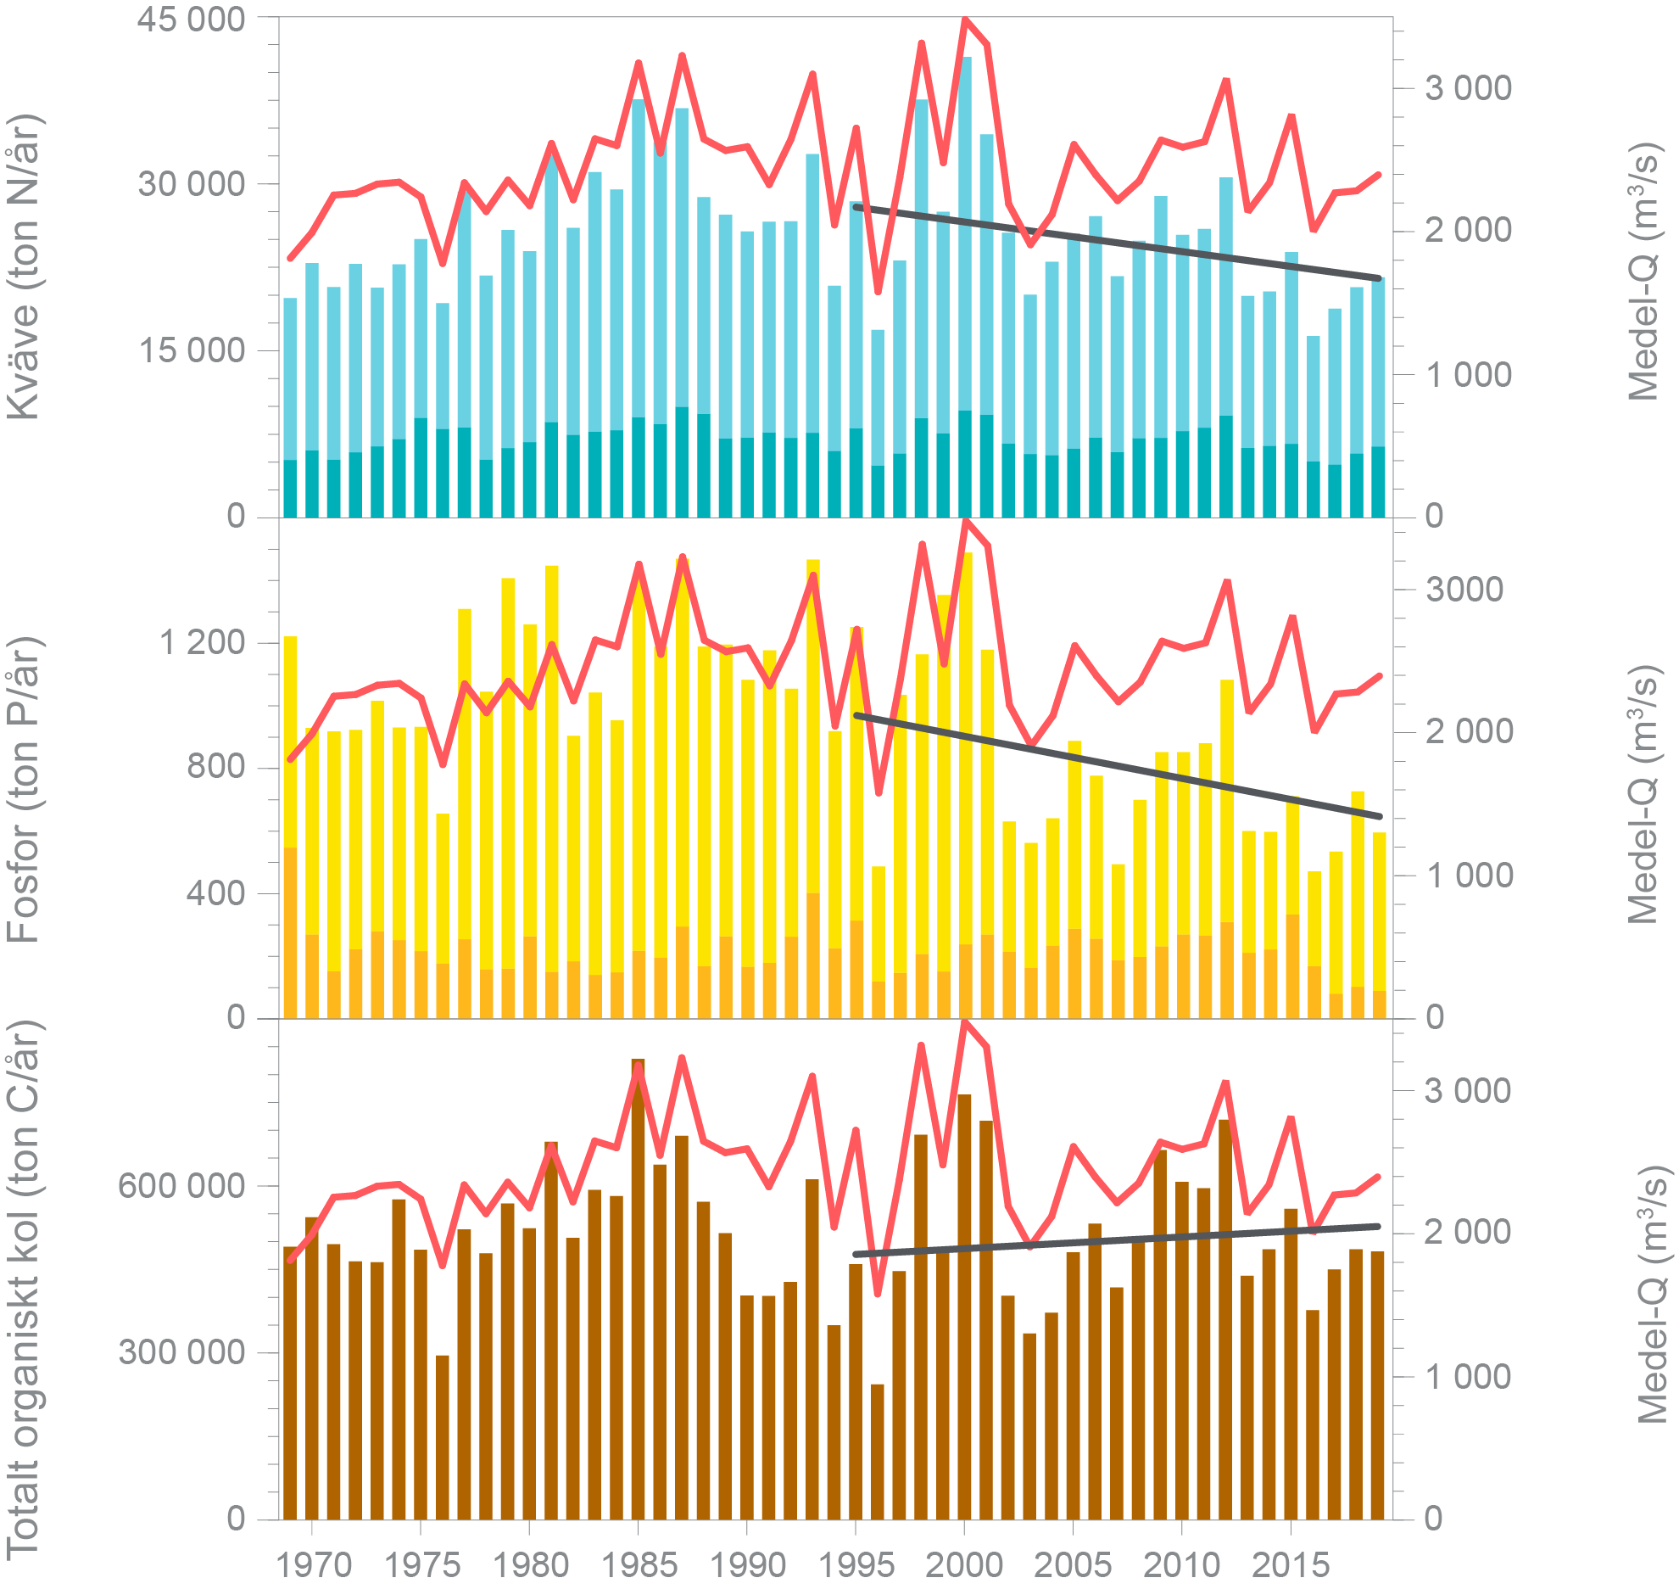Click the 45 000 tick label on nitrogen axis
click(x=191, y=19)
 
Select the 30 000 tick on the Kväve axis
click(x=191, y=183)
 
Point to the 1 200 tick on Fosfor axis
click(x=203, y=642)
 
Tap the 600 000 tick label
click(x=181, y=1185)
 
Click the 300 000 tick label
click(x=181, y=1351)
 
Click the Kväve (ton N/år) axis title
click(x=24, y=266)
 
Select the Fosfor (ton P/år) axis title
click(x=24, y=789)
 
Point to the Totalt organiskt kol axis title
click(x=24, y=1290)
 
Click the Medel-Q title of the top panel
click(x=1643, y=271)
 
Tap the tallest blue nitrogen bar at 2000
click(x=965, y=238)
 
